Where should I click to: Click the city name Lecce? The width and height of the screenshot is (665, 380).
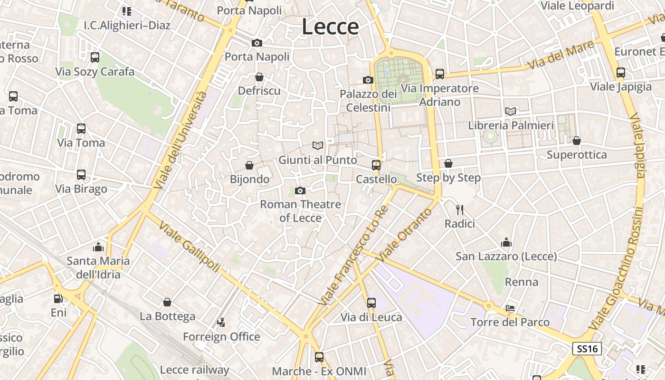[x=330, y=27]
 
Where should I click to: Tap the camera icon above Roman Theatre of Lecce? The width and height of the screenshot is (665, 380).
[x=300, y=190]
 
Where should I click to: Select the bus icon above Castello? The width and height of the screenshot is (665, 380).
[x=376, y=165]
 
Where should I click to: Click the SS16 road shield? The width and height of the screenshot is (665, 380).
[x=587, y=349]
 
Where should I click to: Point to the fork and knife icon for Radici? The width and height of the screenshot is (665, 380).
[x=459, y=209]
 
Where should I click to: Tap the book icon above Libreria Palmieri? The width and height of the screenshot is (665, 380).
[x=511, y=111]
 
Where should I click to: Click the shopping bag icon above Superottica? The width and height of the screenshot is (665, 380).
[x=576, y=141]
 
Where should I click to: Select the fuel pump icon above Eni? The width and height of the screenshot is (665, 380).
[x=58, y=299]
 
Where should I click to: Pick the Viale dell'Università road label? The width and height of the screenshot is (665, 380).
[x=181, y=140]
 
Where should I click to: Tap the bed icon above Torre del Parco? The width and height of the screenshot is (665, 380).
[x=510, y=308]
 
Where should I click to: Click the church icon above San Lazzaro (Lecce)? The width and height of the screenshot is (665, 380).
[x=506, y=242]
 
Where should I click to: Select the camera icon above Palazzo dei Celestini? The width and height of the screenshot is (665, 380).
[x=368, y=80]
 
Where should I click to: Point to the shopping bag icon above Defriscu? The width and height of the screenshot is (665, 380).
[x=259, y=76]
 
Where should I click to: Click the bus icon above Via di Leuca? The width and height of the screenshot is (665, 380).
[x=371, y=303]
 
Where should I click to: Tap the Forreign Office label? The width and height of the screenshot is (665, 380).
[x=221, y=337]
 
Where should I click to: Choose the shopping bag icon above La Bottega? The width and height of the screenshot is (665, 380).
[x=167, y=302]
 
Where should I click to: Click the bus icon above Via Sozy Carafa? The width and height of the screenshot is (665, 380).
[x=95, y=57]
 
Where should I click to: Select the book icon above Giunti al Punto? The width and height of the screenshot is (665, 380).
[x=317, y=145]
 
